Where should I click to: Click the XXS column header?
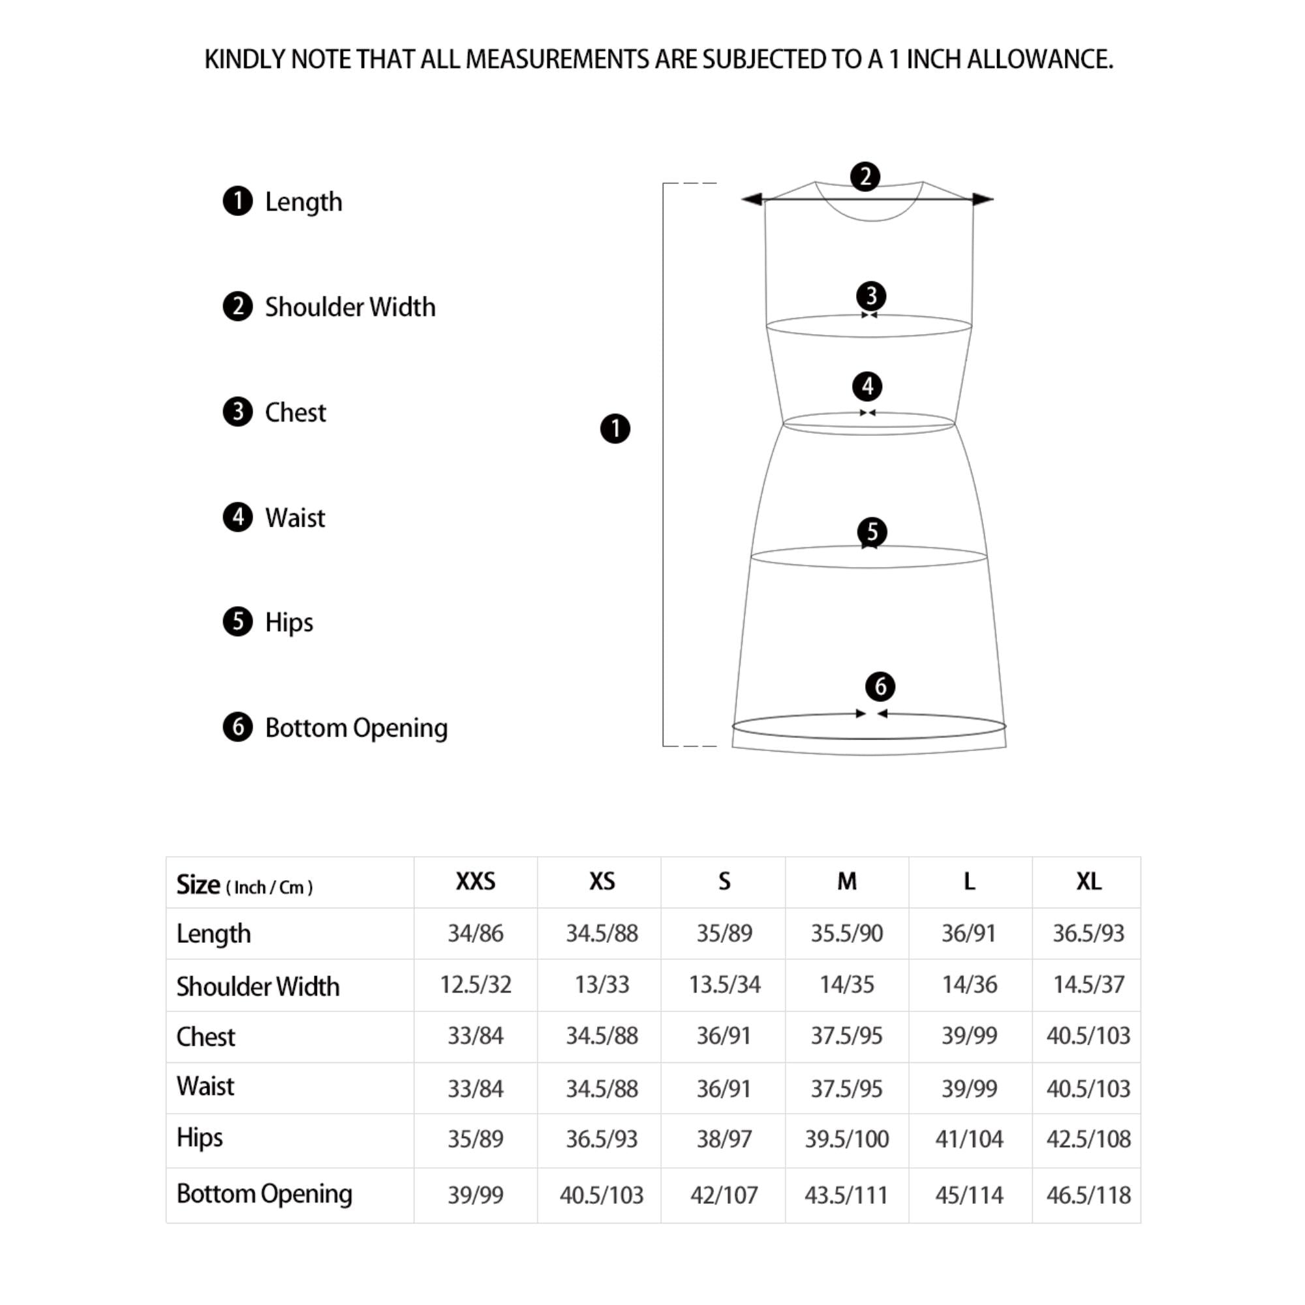click(x=476, y=882)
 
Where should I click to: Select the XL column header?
click(x=1088, y=882)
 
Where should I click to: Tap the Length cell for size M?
click(x=846, y=933)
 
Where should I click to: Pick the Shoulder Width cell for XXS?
click(x=476, y=984)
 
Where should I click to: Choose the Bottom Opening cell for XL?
click(x=1088, y=1195)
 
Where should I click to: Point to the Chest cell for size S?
click(x=724, y=1036)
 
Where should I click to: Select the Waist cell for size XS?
click(x=602, y=1088)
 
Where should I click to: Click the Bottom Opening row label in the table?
click(x=264, y=1193)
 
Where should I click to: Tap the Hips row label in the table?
click(x=199, y=1137)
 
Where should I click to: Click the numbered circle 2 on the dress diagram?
click(x=865, y=176)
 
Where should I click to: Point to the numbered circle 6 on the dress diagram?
click(x=880, y=686)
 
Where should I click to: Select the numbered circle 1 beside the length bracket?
click(x=615, y=428)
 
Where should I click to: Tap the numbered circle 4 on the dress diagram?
click(x=867, y=386)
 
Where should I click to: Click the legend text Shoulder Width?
click(x=350, y=307)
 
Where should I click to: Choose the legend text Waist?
click(x=295, y=517)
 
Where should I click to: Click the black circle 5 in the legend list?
click(x=237, y=621)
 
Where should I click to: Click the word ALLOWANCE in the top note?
click(x=1039, y=59)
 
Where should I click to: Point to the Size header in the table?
click(x=198, y=884)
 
